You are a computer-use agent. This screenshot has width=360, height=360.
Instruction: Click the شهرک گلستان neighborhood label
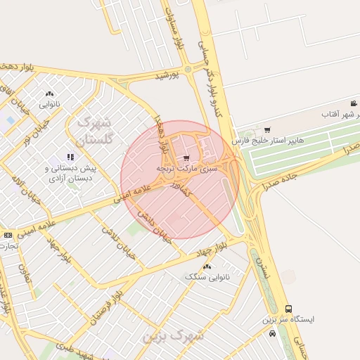point(94,131)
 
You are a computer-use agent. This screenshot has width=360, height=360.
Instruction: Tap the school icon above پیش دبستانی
point(70,157)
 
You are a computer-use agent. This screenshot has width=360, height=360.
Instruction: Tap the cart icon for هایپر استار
point(267,129)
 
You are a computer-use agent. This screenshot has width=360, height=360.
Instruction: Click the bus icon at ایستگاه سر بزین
point(289,309)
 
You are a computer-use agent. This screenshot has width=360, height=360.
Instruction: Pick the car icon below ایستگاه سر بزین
point(272,333)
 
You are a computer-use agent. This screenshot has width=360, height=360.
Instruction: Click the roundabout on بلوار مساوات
point(188,69)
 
